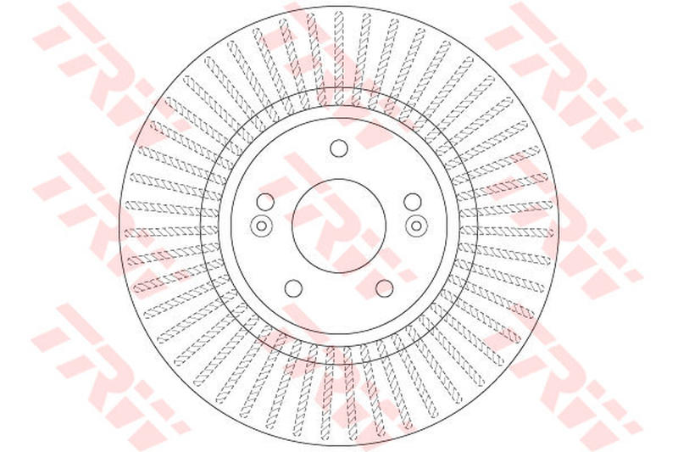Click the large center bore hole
(x=339, y=226)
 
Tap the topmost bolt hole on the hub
(x=339, y=149)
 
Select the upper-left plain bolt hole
(x=265, y=202)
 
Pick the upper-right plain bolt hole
(x=413, y=202)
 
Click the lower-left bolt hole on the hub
(x=293, y=288)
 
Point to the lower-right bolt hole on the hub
(x=385, y=288)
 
